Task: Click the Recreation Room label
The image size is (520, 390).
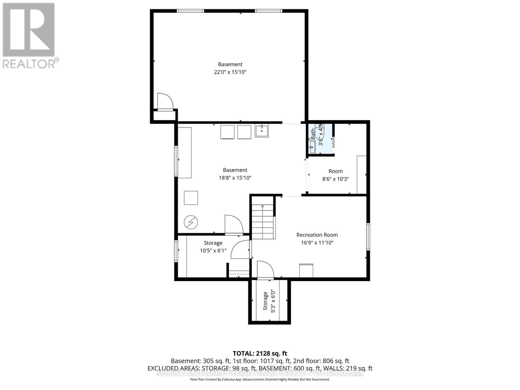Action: tap(317, 235)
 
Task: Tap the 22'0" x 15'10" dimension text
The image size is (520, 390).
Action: tap(230, 72)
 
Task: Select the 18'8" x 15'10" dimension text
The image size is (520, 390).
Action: tap(235, 178)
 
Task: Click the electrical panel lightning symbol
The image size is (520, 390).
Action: tap(191, 222)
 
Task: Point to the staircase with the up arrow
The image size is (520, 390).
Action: tap(263, 221)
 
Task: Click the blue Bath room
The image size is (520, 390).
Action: tap(320, 139)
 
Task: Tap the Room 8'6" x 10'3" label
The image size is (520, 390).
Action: tap(335, 175)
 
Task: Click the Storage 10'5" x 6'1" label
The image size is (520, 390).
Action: tap(213, 247)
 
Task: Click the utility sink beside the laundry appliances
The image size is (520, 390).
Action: tap(262, 131)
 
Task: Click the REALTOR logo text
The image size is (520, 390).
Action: tap(31, 63)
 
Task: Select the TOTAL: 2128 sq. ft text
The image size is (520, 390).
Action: tap(260, 353)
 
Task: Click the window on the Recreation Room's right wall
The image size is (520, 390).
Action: tap(368, 236)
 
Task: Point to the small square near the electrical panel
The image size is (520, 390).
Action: tap(191, 198)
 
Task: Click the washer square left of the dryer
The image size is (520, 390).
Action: tap(227, 132)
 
